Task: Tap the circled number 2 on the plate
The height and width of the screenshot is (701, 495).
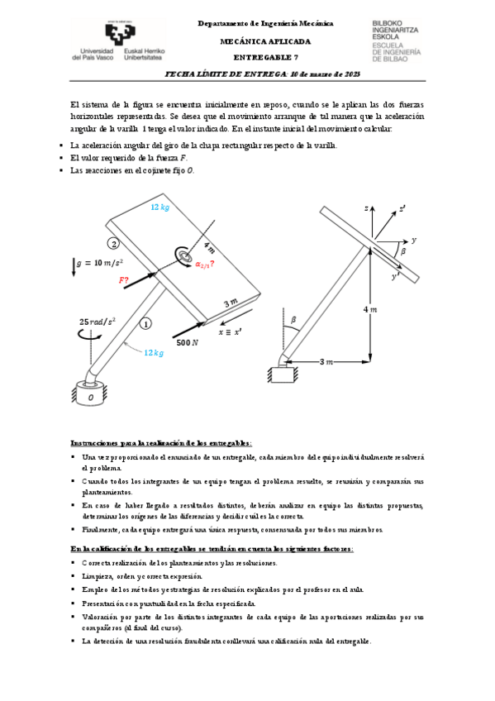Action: [x=115, y=243]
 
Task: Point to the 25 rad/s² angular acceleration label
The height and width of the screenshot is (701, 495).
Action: [x=98, y=322]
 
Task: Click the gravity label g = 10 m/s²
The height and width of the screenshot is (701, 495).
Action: [x=100, y=264]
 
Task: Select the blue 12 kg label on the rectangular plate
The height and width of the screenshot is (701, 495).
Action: [x=160, y=207]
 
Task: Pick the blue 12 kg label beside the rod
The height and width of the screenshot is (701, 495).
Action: [x=154, y=352]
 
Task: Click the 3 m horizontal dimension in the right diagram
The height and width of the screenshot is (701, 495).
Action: [x=326, y=361]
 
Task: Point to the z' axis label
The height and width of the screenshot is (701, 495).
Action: [x=402, y=209]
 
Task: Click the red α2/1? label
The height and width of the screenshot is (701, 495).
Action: [x=205, y=264]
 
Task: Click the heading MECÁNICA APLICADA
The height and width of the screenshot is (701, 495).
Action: [x=265, y=41]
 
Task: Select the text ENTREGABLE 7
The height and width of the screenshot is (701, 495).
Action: [x=265, y=57]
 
